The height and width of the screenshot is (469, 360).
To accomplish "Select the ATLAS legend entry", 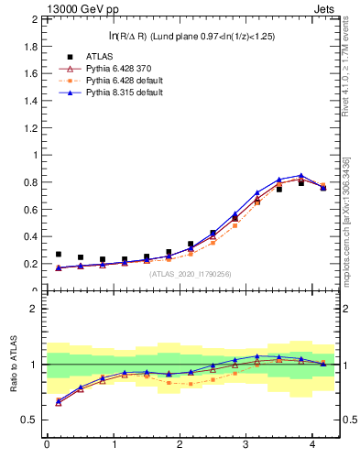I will click(101, 57).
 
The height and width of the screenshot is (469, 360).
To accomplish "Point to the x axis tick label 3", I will click(246, 446).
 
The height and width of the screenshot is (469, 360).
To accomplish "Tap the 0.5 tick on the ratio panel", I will click(29, 420).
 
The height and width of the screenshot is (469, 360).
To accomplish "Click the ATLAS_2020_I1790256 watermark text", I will click(191, 274).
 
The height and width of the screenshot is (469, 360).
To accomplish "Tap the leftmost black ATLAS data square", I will click(59, 255).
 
